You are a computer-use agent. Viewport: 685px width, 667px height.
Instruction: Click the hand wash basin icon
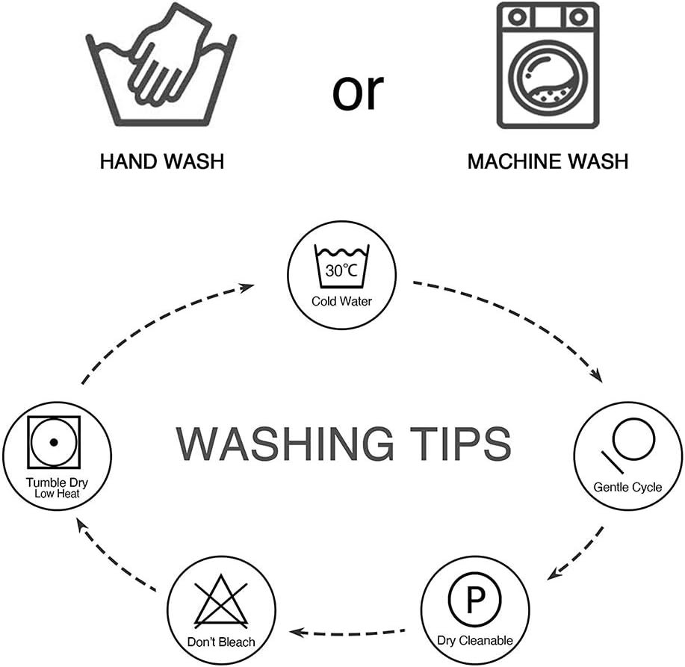[161, 65]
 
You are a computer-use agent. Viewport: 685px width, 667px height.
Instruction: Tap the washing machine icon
[548, 66]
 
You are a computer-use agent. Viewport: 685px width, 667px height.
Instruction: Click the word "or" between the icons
[358, 92]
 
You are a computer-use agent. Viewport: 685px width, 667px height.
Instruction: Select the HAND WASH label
[162, 161]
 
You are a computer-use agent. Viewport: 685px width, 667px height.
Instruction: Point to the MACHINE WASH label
[548, 161]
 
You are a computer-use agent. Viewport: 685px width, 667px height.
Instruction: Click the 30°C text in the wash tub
[341, 270]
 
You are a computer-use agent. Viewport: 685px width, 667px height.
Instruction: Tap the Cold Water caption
[341, 301]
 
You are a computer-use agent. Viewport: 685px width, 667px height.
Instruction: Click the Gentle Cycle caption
[627, 487]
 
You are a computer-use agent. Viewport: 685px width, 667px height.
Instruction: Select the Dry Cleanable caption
[475, 640]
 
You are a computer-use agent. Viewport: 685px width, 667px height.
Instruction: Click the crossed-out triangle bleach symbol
[221, 601]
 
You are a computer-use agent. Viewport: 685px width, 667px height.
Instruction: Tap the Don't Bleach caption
[221, 642]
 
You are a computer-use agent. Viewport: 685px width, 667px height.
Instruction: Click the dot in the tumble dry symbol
[54, 442]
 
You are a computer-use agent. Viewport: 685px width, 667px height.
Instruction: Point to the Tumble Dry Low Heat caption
[57, 488]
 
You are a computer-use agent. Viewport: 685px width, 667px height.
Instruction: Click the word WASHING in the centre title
[285, 444]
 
